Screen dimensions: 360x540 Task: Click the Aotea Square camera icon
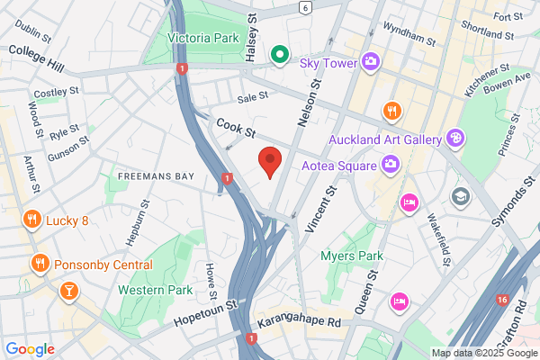click(x=391, y=163)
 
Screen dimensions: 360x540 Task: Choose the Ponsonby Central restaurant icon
click(x=40, y=264)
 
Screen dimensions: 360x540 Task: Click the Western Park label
click(x=155, y=291)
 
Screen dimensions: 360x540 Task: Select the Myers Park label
click(x=346, y=256)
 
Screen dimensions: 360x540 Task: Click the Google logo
click(x=30, y=349)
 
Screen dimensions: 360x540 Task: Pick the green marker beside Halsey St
click(x=279, y=56)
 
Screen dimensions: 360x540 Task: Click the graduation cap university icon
click(x=462, y=196)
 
